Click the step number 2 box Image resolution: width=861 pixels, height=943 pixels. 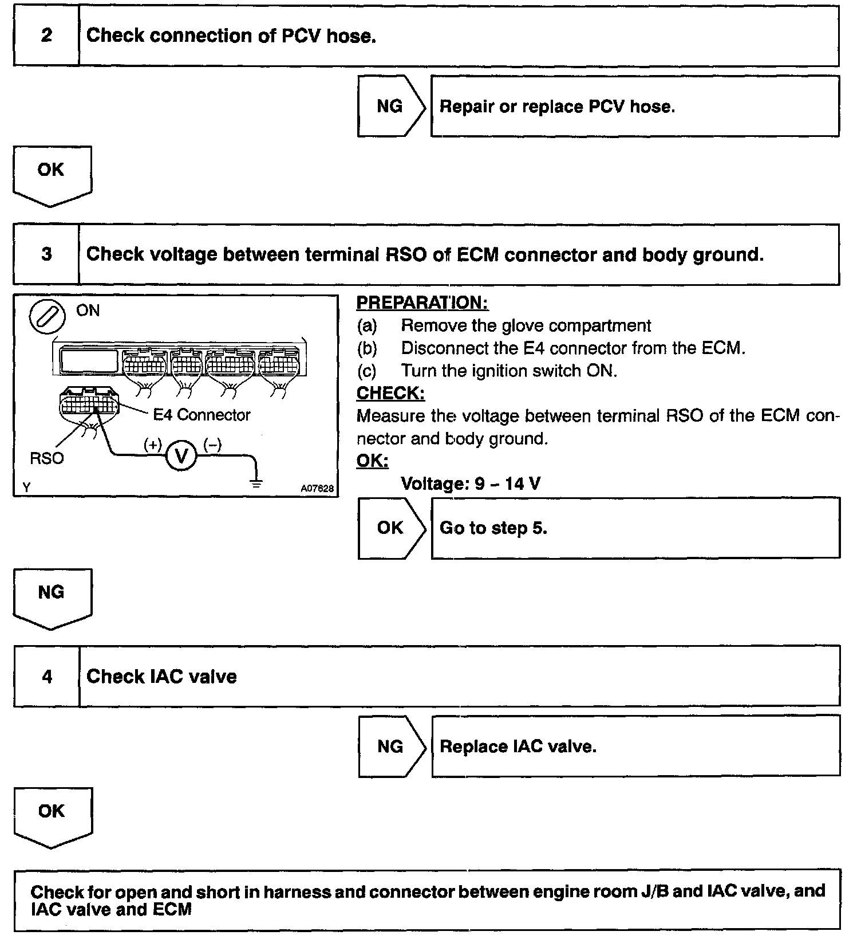coord(46,36)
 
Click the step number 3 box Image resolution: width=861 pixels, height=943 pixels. coord(46,254)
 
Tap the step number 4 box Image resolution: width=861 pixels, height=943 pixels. coord(46,677)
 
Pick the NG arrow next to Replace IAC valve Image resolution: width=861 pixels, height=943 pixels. coord(392,746)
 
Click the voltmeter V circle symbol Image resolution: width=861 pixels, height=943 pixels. coord(181,456)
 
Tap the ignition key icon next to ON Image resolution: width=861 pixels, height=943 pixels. coord(47,316)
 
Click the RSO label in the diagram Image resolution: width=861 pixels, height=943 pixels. coord(47,458)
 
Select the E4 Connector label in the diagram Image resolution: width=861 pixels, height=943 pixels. coord(202,415)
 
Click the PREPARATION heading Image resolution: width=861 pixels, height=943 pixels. coord(422,302)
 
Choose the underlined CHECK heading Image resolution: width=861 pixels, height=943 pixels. coord(390,394)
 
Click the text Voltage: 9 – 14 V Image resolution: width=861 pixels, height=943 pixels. coord(471,484)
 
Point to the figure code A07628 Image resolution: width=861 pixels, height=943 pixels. coord(317,489)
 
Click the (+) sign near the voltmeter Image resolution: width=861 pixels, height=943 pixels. coord(153,445)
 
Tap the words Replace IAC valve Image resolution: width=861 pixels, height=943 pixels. coord(518,746)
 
